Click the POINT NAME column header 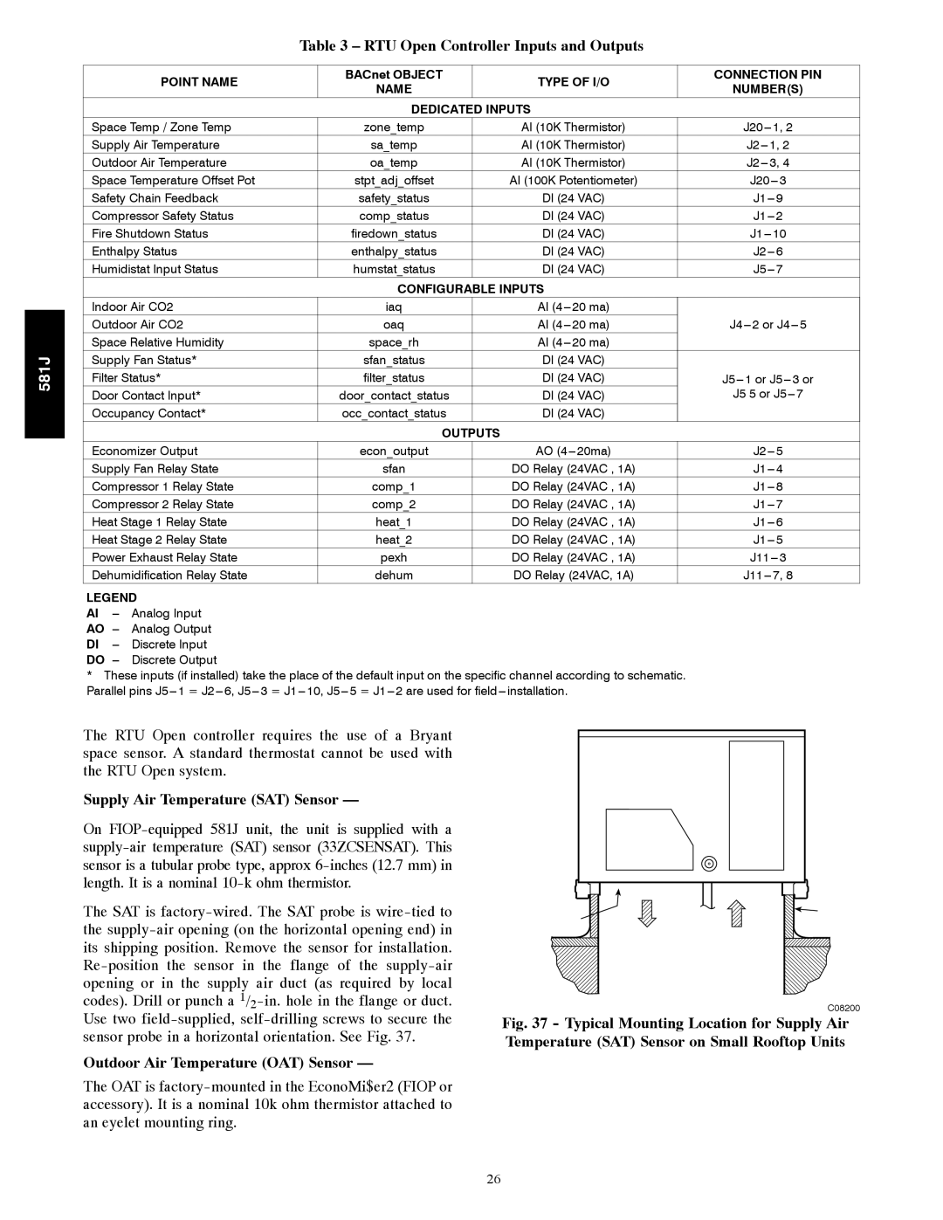click(x=199, y=82)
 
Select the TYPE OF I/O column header click(x=574, y=82)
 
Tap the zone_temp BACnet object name click(x=394, y=128)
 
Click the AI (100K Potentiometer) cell click(x=574, y=181)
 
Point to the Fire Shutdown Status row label click(x=150, y=234)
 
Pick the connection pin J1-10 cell click(x=767, y=234)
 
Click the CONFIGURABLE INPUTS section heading click(x=471, y=288)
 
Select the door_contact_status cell click(x=394, y=396)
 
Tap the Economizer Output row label click(x=145, y=451)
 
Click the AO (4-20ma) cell click(x=574, y=451)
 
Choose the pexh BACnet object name click(x=394, y=557)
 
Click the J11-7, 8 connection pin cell click(x=767, y=576)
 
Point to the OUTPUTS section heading click(x=471, y=433)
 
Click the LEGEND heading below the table click(x=112, y=598)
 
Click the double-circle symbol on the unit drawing click(x=709, y=865)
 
